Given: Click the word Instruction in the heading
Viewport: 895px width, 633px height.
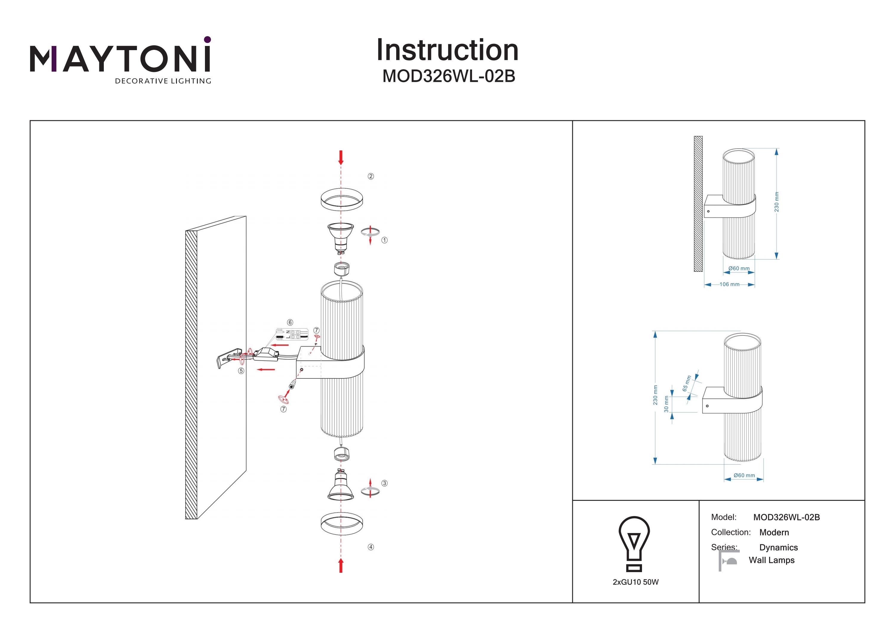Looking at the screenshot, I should pos(447,50).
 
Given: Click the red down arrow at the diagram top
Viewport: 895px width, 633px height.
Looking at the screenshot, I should pos(341,158).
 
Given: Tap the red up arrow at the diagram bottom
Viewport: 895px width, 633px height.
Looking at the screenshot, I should pos(341,565).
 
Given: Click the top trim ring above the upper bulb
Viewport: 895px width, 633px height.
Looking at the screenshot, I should pos(342,200).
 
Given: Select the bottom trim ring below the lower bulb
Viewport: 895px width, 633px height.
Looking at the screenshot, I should pos(342,523).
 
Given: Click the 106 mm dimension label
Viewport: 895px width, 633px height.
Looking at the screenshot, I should pos(729,284).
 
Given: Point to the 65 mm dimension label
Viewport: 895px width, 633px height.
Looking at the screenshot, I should pos(686,383).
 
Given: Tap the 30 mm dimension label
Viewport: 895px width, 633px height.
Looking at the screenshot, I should pos(666,404).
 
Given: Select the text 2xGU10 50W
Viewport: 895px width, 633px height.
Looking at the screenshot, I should pos(635,582).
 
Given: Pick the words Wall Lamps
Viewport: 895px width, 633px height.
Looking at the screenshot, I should pos(771,560).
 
